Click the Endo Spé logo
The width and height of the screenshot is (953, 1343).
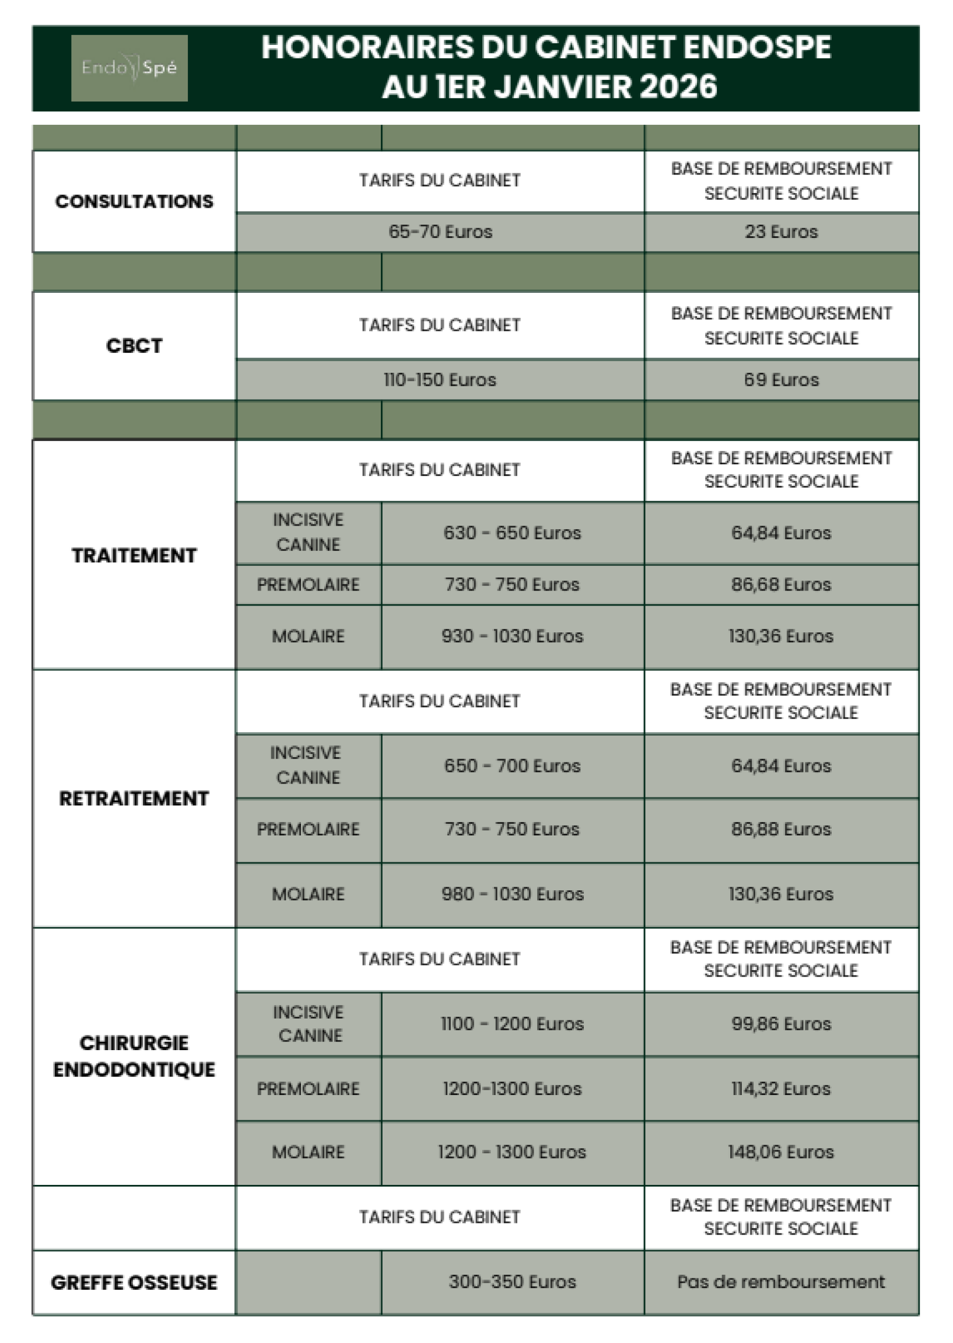129,68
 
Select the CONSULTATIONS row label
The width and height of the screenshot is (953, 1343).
134,201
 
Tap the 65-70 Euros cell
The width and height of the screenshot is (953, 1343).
440,232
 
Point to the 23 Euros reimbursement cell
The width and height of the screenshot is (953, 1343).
781,232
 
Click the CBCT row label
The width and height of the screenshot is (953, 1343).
134,346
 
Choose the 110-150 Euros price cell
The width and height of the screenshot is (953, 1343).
440,380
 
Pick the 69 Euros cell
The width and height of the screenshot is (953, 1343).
781,380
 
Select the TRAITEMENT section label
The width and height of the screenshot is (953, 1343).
134,555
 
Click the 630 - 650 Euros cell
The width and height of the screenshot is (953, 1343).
512,533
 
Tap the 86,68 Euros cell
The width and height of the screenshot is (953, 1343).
781,585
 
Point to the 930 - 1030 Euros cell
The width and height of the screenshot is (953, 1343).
512,636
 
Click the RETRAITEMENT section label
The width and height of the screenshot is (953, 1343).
134,798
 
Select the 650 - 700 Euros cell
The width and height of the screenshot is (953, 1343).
512,766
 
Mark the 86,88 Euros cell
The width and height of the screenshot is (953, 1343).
781,830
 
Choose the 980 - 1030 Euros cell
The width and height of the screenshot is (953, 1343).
512,894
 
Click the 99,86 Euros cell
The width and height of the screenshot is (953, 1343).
781,1024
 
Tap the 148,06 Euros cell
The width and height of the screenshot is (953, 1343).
781,1152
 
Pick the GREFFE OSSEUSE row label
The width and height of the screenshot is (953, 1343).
134,1282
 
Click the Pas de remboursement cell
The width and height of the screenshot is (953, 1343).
781,1281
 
